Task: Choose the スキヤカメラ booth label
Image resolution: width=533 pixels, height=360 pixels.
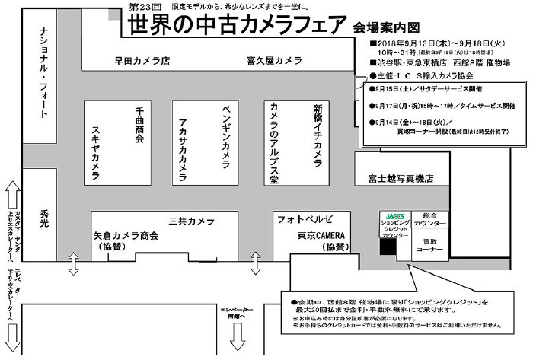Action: [x=96, y=153]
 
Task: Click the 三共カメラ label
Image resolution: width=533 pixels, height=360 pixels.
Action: [x=192, y=221]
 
